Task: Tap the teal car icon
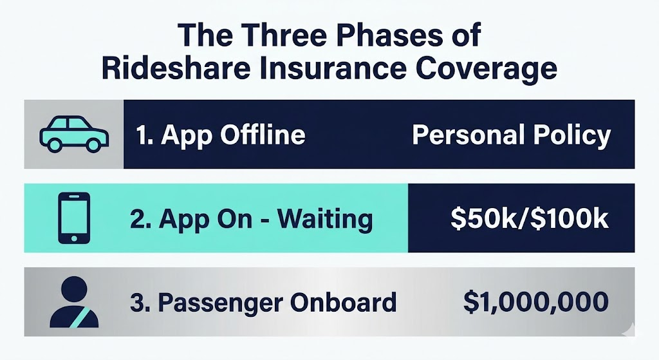74,134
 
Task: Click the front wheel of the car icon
93,145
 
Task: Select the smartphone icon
74,218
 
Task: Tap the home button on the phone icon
74,238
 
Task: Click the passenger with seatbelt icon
74,302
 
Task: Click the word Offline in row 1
263,135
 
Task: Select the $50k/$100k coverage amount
529,219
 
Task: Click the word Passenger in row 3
218,303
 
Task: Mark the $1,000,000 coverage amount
536,303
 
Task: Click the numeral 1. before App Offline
144,135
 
